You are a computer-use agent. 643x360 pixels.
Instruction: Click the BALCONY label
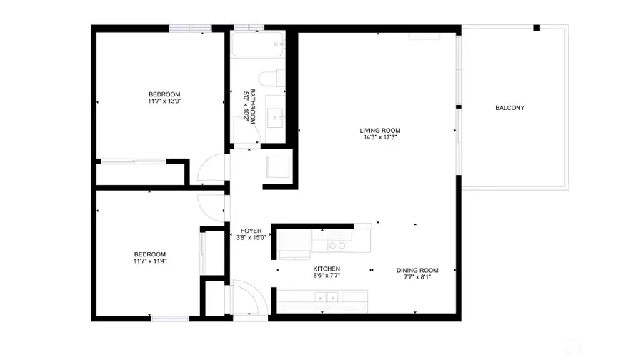(510, 108)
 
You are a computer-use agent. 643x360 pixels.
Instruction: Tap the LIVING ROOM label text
(379, 130)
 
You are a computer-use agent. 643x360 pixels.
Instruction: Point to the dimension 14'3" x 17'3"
(379, 137)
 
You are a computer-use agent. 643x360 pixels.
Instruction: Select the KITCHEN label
(326, 269)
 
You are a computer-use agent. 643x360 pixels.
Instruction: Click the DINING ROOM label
(417, 270)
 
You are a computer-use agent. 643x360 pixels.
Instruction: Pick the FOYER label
(251, 231)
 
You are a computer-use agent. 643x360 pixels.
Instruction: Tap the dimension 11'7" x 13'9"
(164, 101)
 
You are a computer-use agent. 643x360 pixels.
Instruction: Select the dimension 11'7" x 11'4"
(150, 261)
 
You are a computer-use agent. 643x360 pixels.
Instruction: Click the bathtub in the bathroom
(257, 46)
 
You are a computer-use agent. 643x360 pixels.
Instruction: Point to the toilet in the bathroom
(271, 79)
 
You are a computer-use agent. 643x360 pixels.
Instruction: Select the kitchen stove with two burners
(336, 246)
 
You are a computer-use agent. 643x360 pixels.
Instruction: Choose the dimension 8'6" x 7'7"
(326, 276)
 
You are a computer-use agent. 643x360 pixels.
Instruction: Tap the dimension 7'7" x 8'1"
(417, 277)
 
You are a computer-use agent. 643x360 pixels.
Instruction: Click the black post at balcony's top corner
(537, 28)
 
